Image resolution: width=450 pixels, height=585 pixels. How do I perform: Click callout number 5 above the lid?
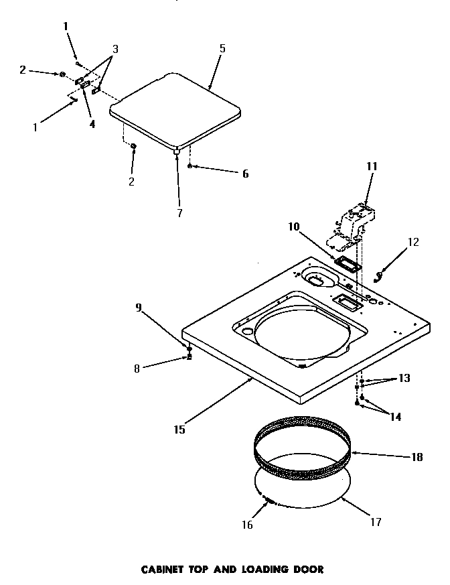[x=222, y=48]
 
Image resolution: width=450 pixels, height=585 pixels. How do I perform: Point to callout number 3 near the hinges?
[x=115, y=49]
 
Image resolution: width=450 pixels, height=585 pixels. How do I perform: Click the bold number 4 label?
[x=92, y=123]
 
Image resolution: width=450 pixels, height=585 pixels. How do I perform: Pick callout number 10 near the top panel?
[x=294, y=226]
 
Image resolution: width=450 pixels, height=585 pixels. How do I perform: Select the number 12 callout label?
[x=413, y=242]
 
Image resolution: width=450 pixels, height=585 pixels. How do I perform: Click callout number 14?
[x=396, y=416]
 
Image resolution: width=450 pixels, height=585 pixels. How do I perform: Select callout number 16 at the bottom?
[x=248, y=525]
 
